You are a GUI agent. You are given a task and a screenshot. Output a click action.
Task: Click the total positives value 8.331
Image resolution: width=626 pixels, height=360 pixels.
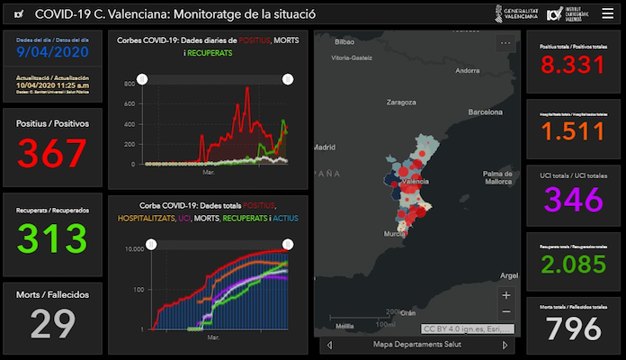(x=573, y=67)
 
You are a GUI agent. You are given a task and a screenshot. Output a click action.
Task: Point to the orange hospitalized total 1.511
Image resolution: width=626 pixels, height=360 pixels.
(x=573, y=133)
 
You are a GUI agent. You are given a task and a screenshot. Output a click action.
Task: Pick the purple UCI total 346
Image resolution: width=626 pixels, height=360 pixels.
(x=573, y=199)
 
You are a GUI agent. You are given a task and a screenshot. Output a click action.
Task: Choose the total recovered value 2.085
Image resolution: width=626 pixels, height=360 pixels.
(x=573, y=266)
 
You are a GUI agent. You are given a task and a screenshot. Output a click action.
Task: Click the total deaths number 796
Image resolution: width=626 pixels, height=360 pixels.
(x=573, y=329)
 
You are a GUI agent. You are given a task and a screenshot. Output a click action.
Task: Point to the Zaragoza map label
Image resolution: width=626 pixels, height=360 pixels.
(x=405, y=103)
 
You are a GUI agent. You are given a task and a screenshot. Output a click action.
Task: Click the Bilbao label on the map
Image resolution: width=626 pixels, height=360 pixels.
(x=344, y=42)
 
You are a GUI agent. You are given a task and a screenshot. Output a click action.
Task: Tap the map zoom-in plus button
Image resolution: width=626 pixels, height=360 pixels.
(x=506, y=295)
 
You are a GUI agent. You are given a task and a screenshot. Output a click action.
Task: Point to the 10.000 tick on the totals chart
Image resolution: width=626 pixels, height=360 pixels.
(x=135, y=249)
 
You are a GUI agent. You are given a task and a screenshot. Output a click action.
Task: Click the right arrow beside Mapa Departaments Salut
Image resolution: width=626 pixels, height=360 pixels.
(x=505, y=345)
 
